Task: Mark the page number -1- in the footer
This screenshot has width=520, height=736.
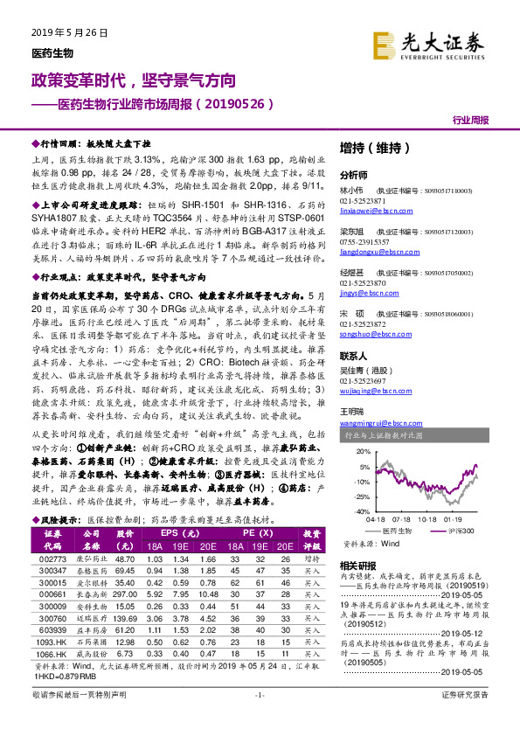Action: tap(260, 719)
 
